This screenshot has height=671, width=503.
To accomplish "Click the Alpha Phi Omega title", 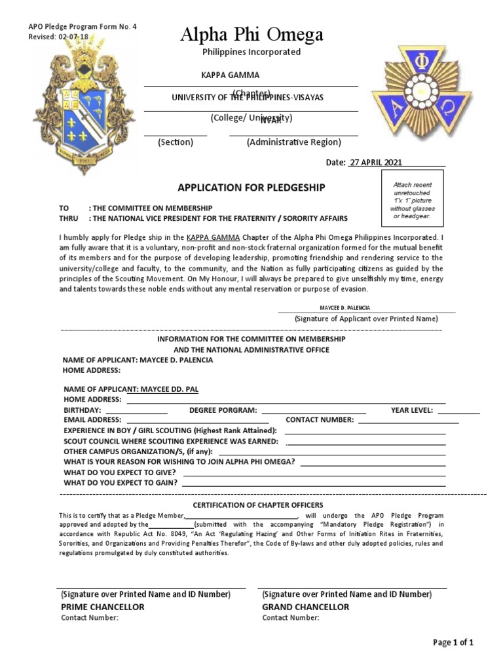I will tap(251, 35).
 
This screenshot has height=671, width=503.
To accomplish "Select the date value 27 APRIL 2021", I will tap(376, 163).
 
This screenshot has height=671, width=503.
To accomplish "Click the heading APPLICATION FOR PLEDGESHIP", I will tap(251, 188).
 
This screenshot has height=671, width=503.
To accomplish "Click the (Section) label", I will tap(175, 142).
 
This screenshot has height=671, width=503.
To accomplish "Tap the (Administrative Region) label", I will tap(293, 142).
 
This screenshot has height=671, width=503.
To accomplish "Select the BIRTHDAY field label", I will tap(82, 410).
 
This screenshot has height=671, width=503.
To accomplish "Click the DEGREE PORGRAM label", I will tap(223, 410).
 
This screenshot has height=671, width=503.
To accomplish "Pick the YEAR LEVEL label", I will tap(411, 410).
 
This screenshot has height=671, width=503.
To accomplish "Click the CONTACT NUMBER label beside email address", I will tap(320, 420).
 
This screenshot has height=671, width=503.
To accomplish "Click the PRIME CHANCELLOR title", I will tap(103, 607).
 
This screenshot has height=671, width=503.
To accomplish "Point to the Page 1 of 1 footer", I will tap(453, 642).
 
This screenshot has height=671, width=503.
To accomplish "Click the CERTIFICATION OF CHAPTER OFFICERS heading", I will tap(257, 505).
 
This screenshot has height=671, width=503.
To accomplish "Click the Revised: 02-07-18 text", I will tap(58, 37).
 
